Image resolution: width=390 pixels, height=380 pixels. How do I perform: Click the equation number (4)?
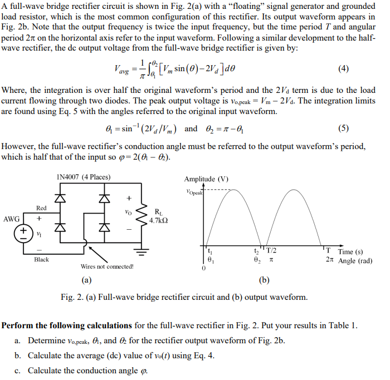pyautogui.click(x=343, y=69)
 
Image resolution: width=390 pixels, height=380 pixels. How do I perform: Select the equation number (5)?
pyautogui.click(x=343, y=129)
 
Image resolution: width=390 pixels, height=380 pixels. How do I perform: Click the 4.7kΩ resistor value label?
pyautogui.click(x=159, y=220)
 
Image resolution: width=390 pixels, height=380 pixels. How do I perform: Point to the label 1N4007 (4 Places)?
pyautogui.click(x=84, y=177)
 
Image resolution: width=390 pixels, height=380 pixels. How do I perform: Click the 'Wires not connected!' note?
pyautogui.click(x=107, y=267)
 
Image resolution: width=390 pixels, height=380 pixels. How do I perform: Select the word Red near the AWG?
pyautogui.click(x=41, y=208)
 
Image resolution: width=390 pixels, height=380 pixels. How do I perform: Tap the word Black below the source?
pyautogui.click(x=41, y=259)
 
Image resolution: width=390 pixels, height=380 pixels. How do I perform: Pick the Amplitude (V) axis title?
pyautogui.click(x=206, y=179)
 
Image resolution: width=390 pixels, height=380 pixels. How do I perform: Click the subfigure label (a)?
pyautogui.click(x=87, y=280)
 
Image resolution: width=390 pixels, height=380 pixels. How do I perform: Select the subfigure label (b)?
pyautogui.click(x=264, y=280)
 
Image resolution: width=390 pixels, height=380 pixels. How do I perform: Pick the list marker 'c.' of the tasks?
pyautogui.click(x=17, y=370)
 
